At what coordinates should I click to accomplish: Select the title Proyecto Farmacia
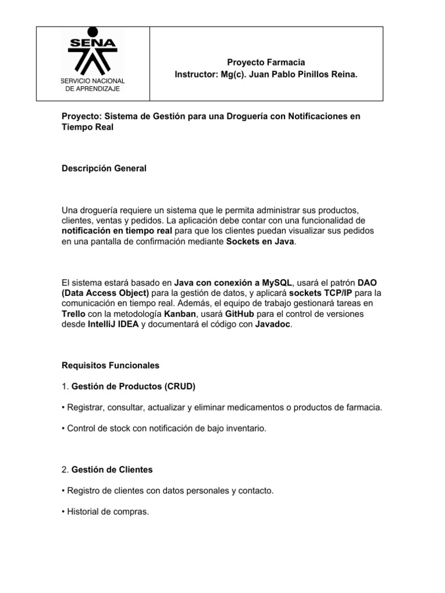coord(266,62)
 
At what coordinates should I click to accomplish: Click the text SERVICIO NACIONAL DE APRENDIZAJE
coord(93,84)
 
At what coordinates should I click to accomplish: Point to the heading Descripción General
coord(104,169)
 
